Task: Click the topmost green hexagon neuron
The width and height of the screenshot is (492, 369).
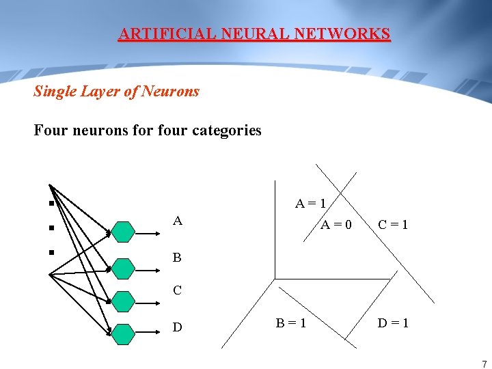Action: coord(124,232)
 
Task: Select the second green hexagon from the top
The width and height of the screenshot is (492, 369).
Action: coord(124,269)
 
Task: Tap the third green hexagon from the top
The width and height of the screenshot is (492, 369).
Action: coord(124,301)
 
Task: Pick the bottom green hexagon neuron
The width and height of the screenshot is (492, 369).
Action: coord(124,333)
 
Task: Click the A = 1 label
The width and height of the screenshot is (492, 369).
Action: coord(310,203)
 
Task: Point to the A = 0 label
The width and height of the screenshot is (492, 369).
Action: coord(336,224)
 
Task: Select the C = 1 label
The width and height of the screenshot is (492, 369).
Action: coord(393,224)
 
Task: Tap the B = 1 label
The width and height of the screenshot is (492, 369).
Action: coord(290,323)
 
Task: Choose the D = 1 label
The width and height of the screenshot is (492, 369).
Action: coord(393,323)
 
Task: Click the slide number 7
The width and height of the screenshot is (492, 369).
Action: coord(484,364)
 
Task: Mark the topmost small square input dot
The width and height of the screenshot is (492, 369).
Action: coord(51,203)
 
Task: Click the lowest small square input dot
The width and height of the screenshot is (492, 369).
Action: coord(51,252)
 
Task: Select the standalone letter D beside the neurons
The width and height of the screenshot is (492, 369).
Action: coord(178,327)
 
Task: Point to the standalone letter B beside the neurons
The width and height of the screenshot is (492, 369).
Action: coord(177,258)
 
